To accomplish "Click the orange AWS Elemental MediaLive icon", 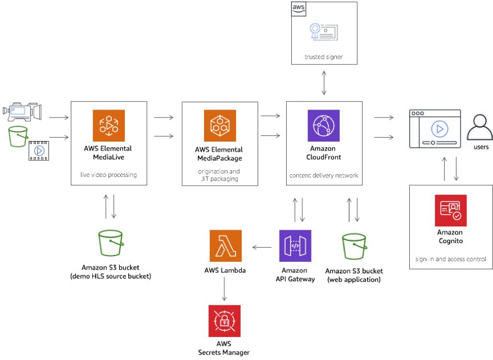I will [x=108, y=125].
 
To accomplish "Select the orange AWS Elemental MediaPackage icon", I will [x=220, y=125].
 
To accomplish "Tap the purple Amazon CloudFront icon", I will [x=323, y=125].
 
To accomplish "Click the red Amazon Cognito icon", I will [x=450, y=211].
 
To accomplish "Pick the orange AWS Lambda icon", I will [x=225, y=245].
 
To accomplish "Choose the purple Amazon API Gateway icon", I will [x=295, y=245].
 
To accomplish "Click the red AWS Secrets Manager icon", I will [x=224, y=321].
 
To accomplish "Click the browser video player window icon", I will [x=435, y=129].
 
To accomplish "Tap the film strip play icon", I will [x=38, y=151].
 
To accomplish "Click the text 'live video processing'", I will [x=108, y=175].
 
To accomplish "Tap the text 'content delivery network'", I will [x=324, y=175].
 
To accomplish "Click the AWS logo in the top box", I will [x=298, y=8].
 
